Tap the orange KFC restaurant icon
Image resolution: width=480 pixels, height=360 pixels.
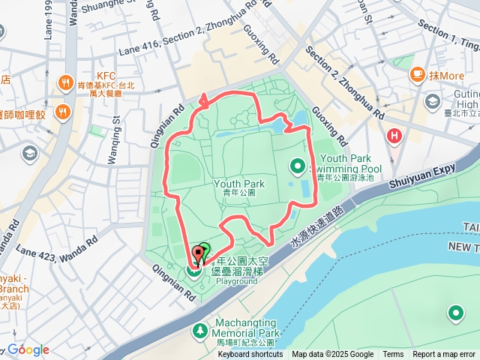pyautogui.click(x=66, y=82)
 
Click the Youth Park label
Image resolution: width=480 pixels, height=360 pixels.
pyautogui.click(x=239, y=183)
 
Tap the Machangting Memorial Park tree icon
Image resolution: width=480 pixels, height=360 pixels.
pyautogui.click(x=200, y=330)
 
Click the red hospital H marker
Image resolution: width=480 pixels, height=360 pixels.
pyautogui.click(x=393, y=136)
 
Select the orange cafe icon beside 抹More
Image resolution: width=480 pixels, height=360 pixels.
pyautogui.click(x=417, y=75)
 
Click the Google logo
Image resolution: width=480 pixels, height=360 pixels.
pyautogui.click(x=28, y=349)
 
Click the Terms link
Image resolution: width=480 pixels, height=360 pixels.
pyautogui.click(x=393, y=355)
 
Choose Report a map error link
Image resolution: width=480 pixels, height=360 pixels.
pyautogui.click(x=444, y=355)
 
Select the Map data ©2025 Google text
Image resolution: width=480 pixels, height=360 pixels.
pyautogui.click(x=332, y=355)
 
